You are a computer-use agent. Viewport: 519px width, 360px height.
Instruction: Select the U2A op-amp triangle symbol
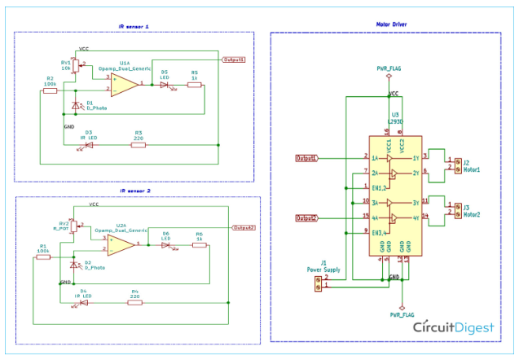[x=122, y=244]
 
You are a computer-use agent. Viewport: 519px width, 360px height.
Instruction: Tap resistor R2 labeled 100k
[x=50, y=90]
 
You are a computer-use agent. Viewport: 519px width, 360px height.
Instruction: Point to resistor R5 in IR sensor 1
[x=194, y=85]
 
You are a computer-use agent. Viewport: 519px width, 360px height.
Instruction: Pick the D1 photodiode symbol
[x=77, y=106]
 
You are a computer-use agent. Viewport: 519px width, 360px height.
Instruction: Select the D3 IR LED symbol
[x=87, y=144]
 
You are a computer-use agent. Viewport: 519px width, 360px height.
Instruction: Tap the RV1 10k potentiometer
[x=76, y=65]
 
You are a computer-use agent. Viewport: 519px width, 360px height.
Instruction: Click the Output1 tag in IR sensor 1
[x=234, y=60]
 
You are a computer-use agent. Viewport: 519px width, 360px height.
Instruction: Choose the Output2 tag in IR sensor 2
[x=244, y=228]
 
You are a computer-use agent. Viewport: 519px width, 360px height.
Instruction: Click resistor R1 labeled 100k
[x=43, y=257]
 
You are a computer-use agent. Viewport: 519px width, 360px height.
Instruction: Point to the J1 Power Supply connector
[x=318, y=282]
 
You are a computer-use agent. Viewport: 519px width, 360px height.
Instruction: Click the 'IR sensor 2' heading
[x=135, y=191]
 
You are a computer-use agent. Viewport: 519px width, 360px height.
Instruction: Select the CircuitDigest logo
[x=453, y=327]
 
